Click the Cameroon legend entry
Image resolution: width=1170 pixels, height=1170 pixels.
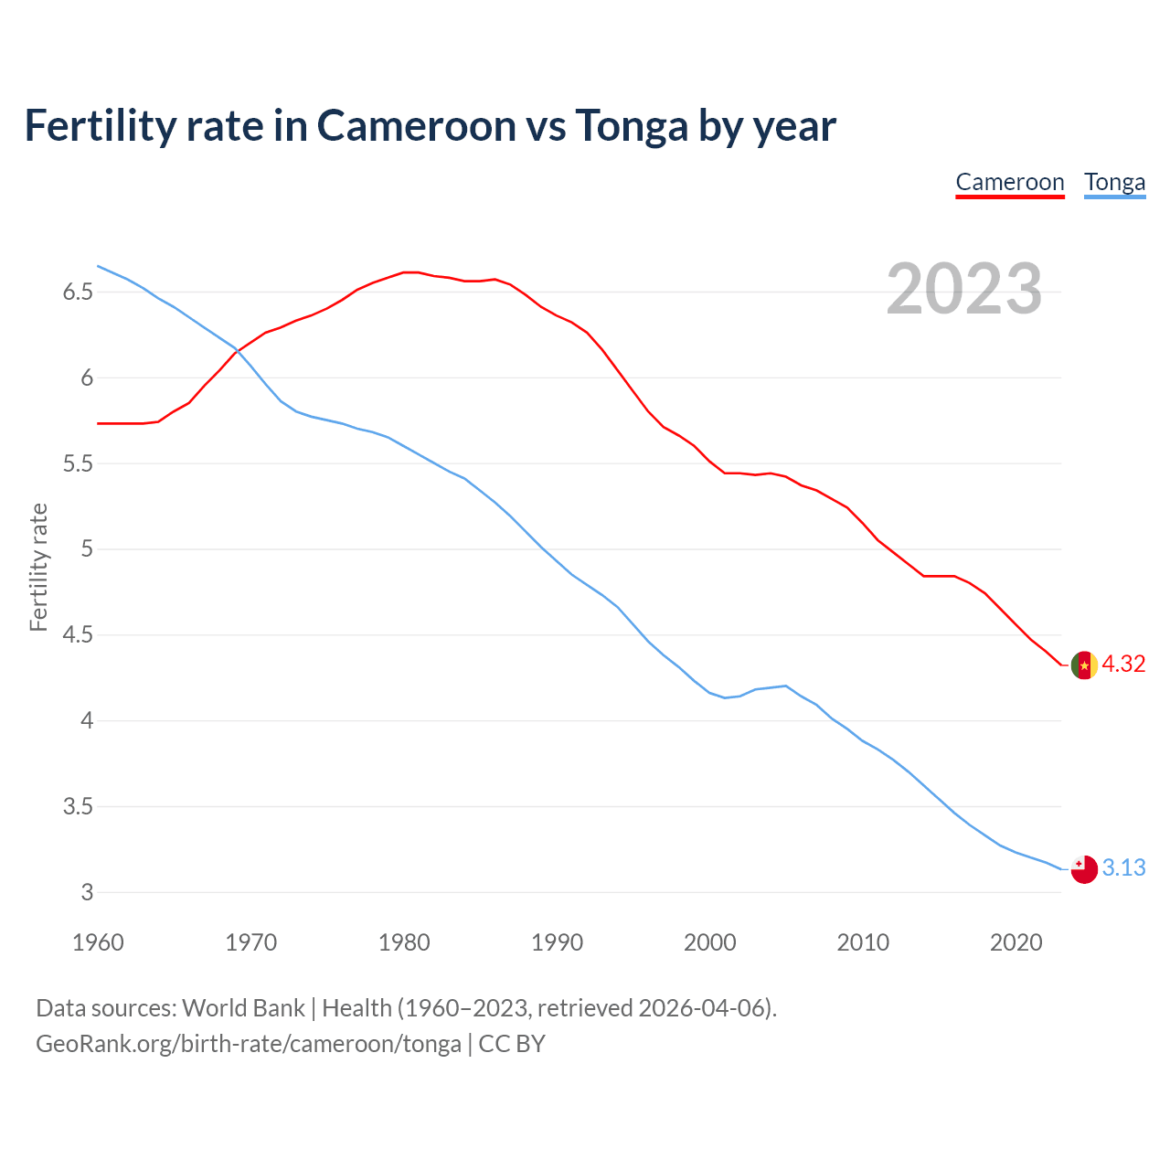pyautogui.click(x=1010, y=182)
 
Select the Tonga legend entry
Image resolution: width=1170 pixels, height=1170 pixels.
pyautogui.click(x=1114, y=182)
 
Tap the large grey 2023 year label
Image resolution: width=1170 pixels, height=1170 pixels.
pyautogui.click(x=964, y=289)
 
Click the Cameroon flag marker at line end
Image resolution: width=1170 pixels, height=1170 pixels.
pyautogui.click(x=1084, y=665)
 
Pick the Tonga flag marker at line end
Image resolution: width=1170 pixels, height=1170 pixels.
pyautogui.click(x=1084, y=869)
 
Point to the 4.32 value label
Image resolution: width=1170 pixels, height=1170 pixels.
pyautogui.click(x=1123, y=665)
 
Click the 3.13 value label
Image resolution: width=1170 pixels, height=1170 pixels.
pyautogui.click(x=1123, y=868)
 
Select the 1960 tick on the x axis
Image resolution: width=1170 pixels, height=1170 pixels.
pyautogui.click(x=98, y=942)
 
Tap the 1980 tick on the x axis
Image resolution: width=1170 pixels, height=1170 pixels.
pyautogui.click(x=404, y=942)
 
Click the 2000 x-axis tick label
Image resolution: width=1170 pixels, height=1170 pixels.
pyautogui.click(x=710, y=942)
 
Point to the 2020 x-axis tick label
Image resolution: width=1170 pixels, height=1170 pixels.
pyautogui.click(x=1016, y=942)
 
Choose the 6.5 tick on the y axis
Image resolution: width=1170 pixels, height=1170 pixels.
pyautogui.click(x=78, y=292)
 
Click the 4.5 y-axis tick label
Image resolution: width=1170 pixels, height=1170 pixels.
pyautogui.click(x=78, y=635)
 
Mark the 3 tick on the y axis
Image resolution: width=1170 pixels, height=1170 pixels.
pyautogui.click(x=88, y=893)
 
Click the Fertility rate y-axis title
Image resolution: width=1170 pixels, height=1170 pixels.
pyautogui.click(x=38, y=567)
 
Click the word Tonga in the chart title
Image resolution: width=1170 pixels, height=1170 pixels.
pyautogui.click(x=631, y=125)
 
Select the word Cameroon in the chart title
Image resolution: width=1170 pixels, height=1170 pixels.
pyautogui.click(x=416, y=125)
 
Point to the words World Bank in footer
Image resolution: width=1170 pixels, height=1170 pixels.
pyautogui.click(x=243, y=1008)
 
